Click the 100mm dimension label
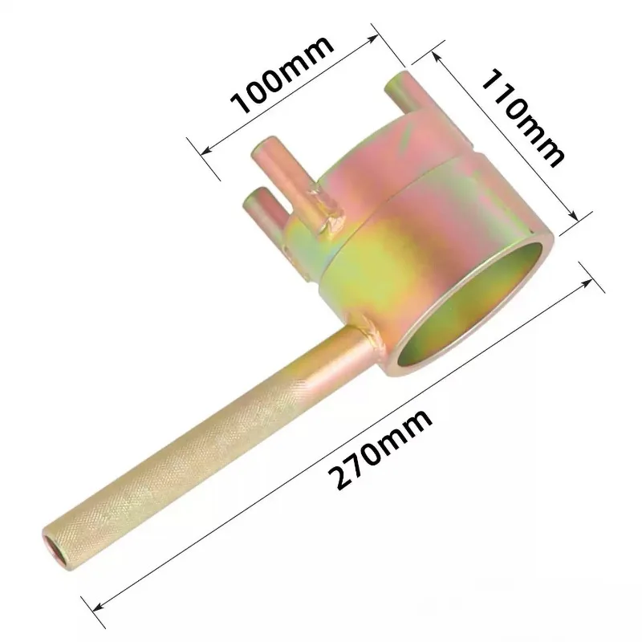282,75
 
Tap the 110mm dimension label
523,118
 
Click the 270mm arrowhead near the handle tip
100,603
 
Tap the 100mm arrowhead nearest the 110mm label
372,38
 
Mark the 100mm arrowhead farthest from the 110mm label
208,150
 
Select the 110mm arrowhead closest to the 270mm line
573,216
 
